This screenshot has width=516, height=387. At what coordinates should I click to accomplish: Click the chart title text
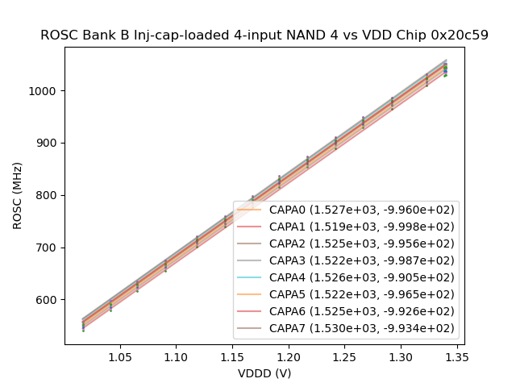pyautogui.click(x=264, y=35)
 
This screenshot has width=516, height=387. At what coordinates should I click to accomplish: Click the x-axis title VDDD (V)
pyautogui.click(x=264, y=373)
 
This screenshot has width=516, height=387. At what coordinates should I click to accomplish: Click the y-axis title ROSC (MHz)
pyautogui.click(x=18, y=195)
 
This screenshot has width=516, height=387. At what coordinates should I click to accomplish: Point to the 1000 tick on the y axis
pyautogui.click(x=45, y=90)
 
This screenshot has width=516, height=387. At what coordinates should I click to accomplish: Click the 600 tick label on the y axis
pyautogui.click(x=48, y=300)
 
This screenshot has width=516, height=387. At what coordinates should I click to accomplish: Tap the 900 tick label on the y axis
pyautogui.click(x=48, y=143)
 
